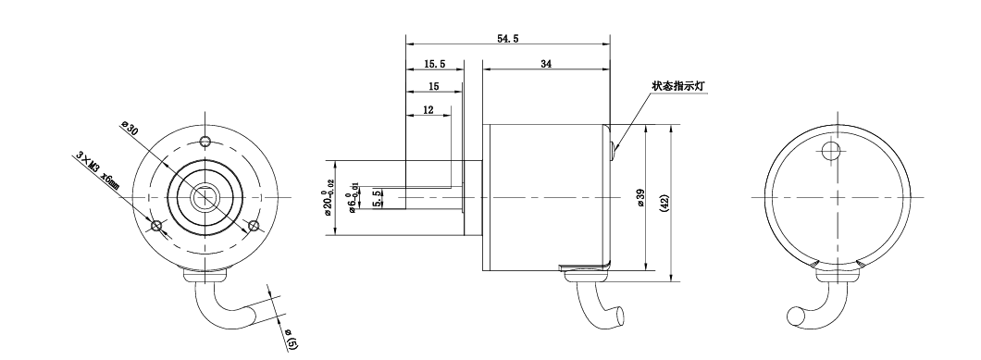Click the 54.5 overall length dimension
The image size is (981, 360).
coord(507,39)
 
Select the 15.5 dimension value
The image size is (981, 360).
coord(434,64)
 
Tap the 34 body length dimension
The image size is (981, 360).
coord(545,64)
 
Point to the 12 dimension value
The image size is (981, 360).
coord(428,110)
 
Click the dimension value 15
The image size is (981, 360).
coord(433,86)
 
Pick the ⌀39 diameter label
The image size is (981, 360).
coord(640,198)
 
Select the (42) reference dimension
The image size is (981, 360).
coord(664,203)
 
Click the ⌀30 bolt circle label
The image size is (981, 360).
coord(129,129)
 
